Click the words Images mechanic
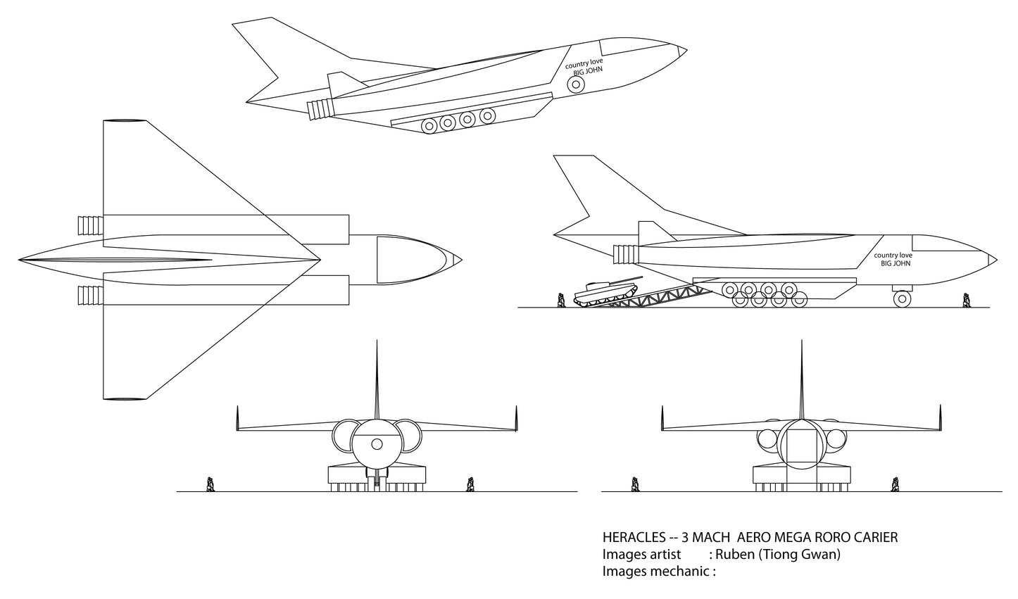[658, 572]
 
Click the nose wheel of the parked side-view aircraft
[902, 298]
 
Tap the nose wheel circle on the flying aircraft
[576, 84]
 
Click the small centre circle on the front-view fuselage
[377, 443]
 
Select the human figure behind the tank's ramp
[562, 301]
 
